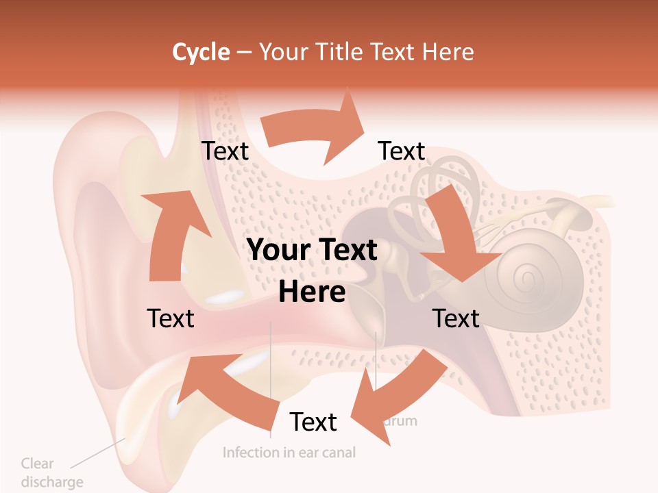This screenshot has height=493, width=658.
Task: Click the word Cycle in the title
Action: point(201,52)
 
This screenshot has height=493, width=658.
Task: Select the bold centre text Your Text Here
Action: point(312,270)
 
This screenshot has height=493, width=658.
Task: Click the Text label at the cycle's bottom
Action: point(313,422)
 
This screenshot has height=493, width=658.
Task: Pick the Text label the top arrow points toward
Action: point(402,151)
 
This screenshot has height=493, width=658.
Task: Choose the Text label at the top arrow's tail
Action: point(225,151)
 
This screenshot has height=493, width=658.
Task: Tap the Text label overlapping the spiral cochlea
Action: point(456,318)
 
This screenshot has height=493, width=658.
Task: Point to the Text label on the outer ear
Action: point(171,318)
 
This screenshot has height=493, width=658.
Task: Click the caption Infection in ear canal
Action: point(289,453)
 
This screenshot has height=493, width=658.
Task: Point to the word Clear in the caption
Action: point(37,464)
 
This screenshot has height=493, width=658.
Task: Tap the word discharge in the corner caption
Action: point(51,482)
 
